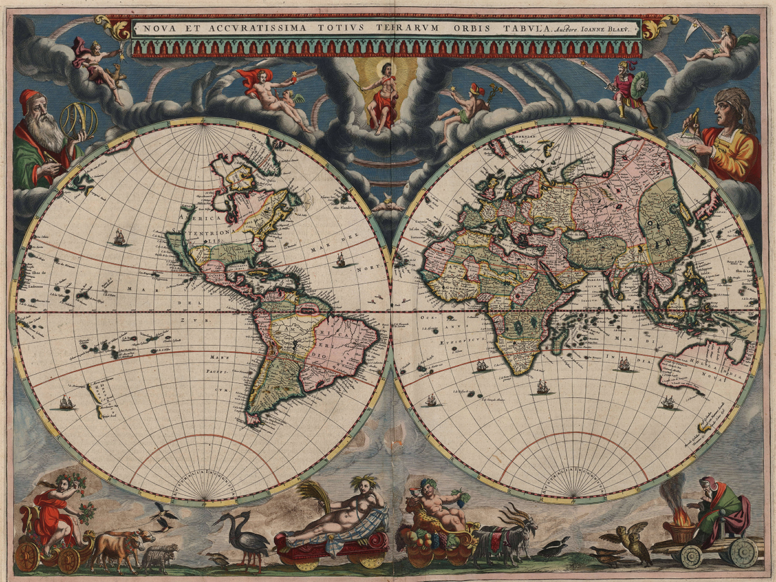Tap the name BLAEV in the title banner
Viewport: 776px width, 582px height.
coord(620,28)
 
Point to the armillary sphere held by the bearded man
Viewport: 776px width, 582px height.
coord(78,121)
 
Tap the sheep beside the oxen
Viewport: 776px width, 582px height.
coord(159,555)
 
